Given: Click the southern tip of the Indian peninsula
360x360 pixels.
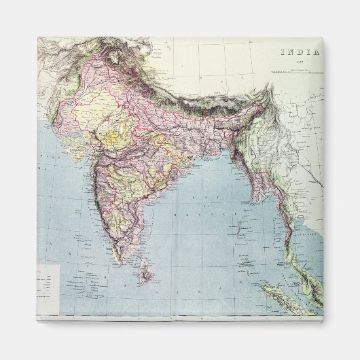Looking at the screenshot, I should coord(120,262).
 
